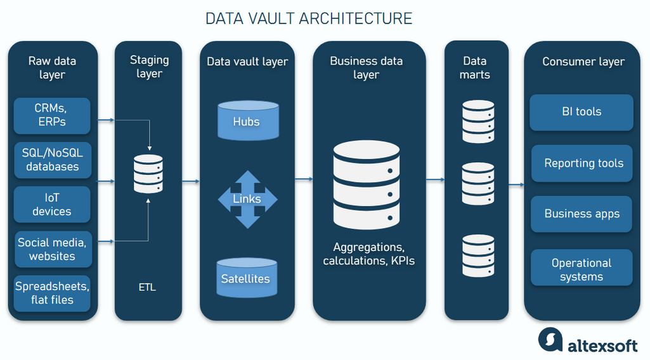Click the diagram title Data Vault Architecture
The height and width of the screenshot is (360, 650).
point(309,18)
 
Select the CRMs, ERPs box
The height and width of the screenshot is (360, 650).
point(52,115)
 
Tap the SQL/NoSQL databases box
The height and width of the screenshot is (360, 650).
point(52,160)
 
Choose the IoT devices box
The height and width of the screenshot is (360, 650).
point(52,204)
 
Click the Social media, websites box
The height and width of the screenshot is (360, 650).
point(52,250)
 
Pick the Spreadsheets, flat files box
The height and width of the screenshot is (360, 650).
point(52,293)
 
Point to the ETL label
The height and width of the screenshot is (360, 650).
point(146,287)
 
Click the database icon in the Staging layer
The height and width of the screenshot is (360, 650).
point(148,174)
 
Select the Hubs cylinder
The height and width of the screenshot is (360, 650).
point(247,120)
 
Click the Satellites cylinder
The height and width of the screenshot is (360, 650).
point(247,278)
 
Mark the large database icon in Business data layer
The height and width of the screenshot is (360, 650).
point(367,185)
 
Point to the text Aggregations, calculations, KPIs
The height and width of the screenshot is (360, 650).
point(368,254)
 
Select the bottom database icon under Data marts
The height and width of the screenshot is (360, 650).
point(478,255)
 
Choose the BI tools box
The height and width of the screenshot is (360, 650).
point(582,112)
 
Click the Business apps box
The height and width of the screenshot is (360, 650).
point(582,214)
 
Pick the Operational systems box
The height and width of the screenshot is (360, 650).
point(582,268)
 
